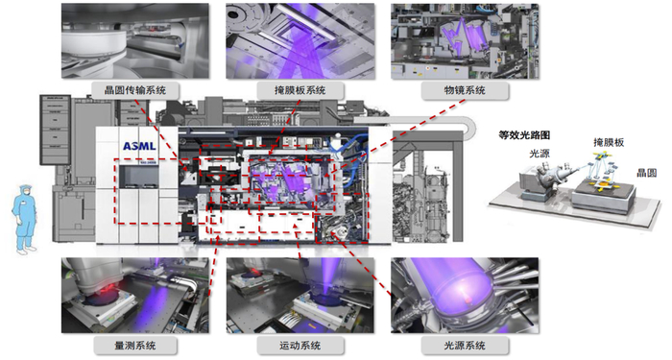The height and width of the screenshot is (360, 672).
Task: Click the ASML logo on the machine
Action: tap(139, 146)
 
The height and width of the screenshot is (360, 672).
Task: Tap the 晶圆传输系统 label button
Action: tap(135, 90)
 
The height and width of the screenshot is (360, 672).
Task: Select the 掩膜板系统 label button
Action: tap(300, 90)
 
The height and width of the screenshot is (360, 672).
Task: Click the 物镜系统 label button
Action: tap(465, 90)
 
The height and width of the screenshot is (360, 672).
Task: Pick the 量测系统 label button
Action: tap(135, 346)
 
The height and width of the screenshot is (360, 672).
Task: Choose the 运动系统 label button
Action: tap(300, 346)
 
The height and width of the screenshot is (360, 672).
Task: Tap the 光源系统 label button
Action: tap(465, 346)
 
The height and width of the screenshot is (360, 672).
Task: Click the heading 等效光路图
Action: tap(524, 135)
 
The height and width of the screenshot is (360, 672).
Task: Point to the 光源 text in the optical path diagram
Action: tap(540, 153)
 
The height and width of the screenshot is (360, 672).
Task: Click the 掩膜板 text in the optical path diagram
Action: tap(609, 142)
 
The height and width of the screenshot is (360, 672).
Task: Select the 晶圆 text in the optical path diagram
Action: tap(647, 173)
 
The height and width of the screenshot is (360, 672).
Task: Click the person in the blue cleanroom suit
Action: tap(25, 220)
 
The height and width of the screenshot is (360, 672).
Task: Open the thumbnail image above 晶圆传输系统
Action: tap(135, 41)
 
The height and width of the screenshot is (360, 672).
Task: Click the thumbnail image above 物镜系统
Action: tap(465, 41)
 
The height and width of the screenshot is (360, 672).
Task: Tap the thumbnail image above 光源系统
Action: tap(465, 296)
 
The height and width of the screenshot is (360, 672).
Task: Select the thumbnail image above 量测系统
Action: tap(135, 296)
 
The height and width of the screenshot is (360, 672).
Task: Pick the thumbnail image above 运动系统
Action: tap(300, 296)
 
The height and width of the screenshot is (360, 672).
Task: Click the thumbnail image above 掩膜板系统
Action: tap(300, 41)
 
